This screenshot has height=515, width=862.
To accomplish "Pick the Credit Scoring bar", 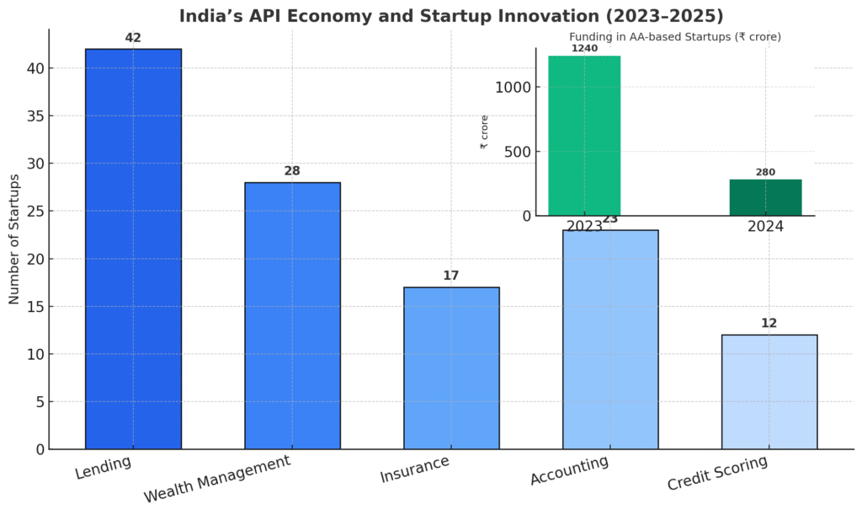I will click(769, 391).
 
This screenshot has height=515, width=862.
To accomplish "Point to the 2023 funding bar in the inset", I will click(584, 135).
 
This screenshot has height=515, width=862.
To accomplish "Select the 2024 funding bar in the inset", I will click(765, 197).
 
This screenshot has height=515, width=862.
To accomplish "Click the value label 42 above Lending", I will click(133, 37).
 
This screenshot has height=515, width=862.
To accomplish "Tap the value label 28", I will click(292, 171).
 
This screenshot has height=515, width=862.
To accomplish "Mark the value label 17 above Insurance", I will click(451, 276).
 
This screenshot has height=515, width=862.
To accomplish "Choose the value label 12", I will click(769, 323).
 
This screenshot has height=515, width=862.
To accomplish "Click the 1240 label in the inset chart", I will click(584, 48).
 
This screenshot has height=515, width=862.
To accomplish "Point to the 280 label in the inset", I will click(765, 172).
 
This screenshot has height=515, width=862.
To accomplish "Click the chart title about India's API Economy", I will click(451, 15).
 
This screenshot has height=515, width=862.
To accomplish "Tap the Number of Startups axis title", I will click(14, 239).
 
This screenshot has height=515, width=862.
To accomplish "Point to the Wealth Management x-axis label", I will click(217, 478).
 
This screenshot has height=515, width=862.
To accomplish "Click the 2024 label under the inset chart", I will click(765, 227).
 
